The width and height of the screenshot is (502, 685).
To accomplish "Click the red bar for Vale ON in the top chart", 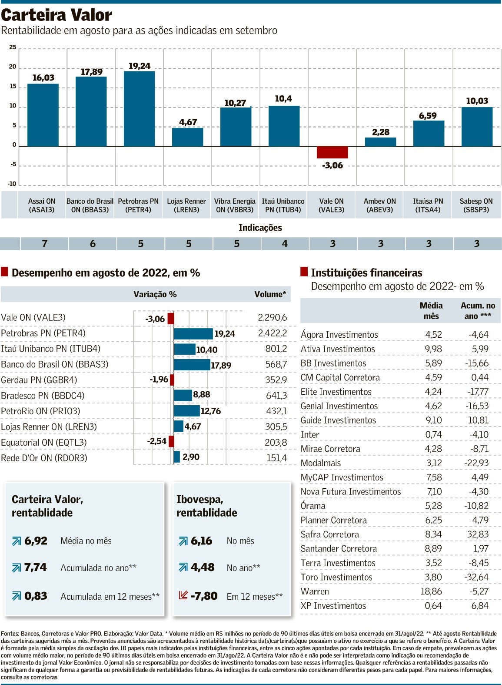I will point(332,152).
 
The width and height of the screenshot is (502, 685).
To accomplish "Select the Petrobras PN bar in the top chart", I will point(139,109).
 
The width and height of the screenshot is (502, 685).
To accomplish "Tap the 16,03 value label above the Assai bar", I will point(43,78).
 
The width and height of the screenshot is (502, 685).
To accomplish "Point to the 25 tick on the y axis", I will point(13,47).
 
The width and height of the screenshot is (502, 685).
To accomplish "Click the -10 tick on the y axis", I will point(12,184).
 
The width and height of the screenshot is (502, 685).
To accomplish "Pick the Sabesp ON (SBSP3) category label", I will point(476,205).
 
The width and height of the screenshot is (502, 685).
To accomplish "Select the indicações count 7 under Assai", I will point(44,244).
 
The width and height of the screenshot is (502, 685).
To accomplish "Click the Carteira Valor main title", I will point(57,15).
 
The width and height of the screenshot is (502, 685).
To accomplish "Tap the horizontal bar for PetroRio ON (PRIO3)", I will point(186,411).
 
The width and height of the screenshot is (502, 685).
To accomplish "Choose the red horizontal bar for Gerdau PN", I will point(172,380).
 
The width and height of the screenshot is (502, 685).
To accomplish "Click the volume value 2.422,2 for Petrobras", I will point(273,333).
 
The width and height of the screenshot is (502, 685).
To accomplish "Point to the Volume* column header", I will point(270,295).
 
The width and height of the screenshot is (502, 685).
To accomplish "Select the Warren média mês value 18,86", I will point(431,591).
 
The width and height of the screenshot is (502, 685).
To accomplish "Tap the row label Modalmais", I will point(321,463).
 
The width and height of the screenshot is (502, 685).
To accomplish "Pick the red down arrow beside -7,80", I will point(183,595).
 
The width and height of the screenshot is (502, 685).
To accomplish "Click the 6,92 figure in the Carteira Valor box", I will point(36,541).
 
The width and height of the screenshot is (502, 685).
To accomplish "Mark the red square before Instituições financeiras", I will point(304,272).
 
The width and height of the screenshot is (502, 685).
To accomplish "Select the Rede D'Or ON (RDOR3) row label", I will point(44,458).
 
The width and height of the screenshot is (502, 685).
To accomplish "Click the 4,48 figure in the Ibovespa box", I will point(203,567).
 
